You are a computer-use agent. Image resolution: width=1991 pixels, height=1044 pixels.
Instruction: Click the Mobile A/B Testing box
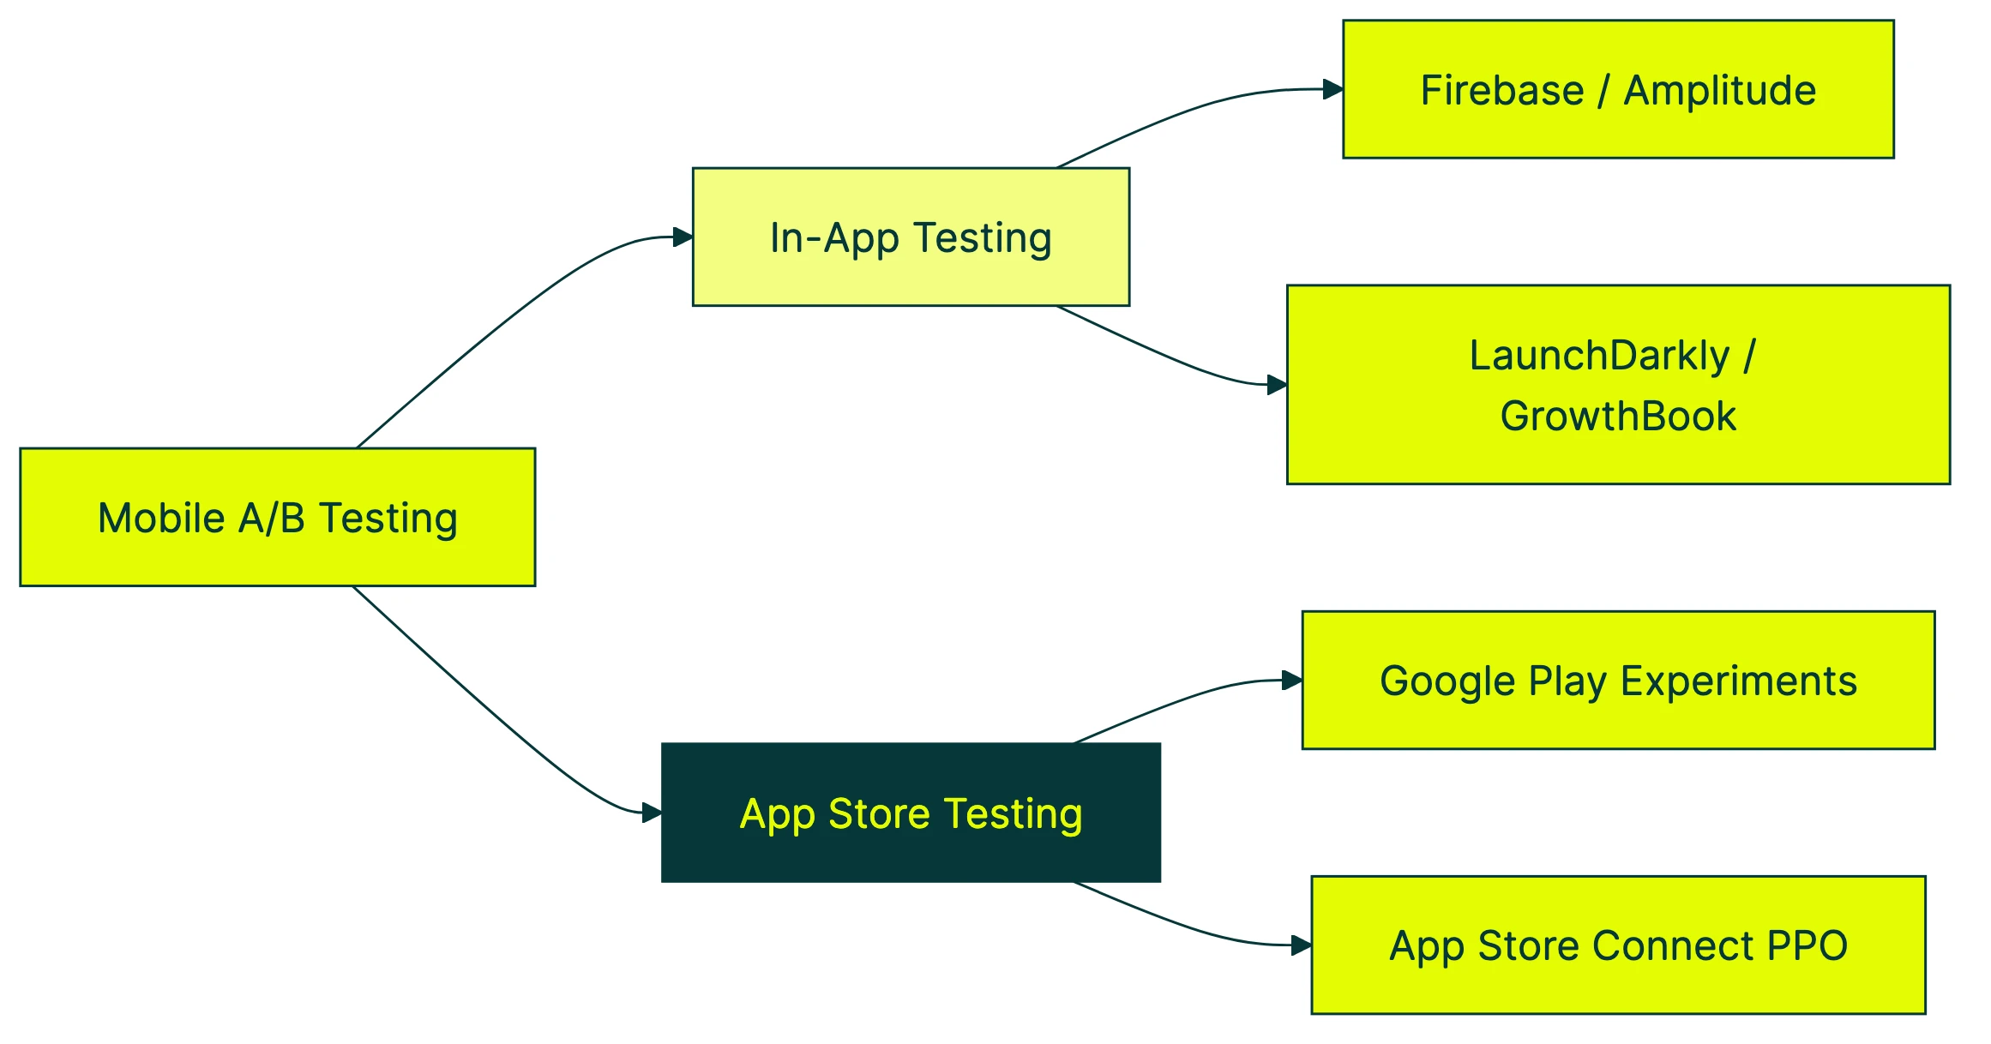click(277, 517)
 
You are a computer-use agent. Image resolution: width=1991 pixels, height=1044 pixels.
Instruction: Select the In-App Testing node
click(911, 237)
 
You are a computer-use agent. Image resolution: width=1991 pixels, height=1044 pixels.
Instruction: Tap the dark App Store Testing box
click(911, 813)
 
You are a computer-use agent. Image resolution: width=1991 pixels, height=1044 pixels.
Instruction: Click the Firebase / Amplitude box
click(1618, 89)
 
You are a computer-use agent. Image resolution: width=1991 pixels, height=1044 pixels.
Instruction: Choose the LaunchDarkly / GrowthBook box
click(1618, 385)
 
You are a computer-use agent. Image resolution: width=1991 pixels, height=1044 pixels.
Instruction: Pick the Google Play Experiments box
click(1618, 681)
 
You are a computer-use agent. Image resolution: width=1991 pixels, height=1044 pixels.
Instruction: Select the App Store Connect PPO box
click(1618, 945)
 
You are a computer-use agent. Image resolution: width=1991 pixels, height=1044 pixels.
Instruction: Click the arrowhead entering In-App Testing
click(683, 237)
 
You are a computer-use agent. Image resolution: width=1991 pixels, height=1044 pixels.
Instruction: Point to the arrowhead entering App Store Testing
click(653, 813)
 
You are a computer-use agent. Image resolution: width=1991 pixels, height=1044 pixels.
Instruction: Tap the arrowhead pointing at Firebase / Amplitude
click(1333, 89)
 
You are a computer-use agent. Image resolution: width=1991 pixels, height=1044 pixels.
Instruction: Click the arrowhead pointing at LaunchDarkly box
click(1278, 385)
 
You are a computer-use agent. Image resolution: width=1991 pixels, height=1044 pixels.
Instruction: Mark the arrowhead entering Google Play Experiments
click(1293, 681)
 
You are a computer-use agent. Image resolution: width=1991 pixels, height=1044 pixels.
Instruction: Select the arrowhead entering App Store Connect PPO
click(1302, 945)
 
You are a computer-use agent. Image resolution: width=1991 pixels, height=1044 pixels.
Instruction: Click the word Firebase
click(1501, 90)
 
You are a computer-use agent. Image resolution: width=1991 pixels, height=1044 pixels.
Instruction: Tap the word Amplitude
click(1720, 90)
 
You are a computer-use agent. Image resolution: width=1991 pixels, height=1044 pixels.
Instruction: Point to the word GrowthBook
click(1618, 416)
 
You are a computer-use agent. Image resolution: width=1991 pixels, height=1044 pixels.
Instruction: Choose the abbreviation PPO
click(1808, 946)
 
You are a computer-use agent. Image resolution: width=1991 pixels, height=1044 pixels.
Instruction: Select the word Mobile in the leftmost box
click(161, 518)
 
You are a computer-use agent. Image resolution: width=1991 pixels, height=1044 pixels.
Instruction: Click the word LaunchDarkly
click(1600, 356)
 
